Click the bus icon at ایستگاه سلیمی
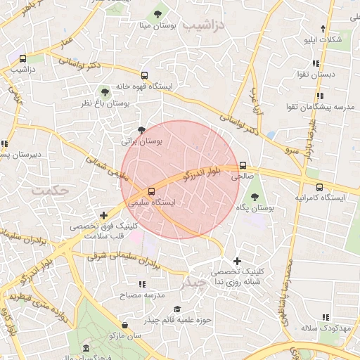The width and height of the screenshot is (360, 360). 152,191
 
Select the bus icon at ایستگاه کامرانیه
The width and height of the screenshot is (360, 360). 320,187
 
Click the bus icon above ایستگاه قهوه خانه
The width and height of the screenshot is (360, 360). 144,75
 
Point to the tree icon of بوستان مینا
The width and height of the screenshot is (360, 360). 157,13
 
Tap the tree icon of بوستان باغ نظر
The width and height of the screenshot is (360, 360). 105,91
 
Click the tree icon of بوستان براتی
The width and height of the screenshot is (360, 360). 142,129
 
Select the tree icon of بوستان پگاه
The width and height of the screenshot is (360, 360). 254,197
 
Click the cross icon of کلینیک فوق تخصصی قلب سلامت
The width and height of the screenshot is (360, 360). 104,214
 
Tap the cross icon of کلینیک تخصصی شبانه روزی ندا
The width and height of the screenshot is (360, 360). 237,261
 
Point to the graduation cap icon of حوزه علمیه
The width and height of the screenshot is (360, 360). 177,309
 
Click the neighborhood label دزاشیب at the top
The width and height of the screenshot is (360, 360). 205,25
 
